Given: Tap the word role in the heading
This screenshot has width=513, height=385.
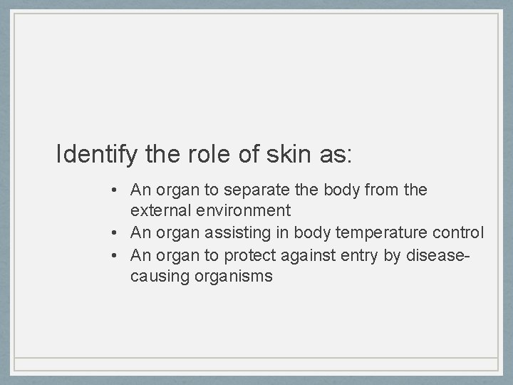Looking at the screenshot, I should tap(199, 154).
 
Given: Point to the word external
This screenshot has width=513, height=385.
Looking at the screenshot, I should tap(157, 210).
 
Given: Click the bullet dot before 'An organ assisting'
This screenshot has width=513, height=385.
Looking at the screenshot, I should tap(114, 233).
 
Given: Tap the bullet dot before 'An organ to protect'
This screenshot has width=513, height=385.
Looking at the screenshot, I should tap(114, 255).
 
